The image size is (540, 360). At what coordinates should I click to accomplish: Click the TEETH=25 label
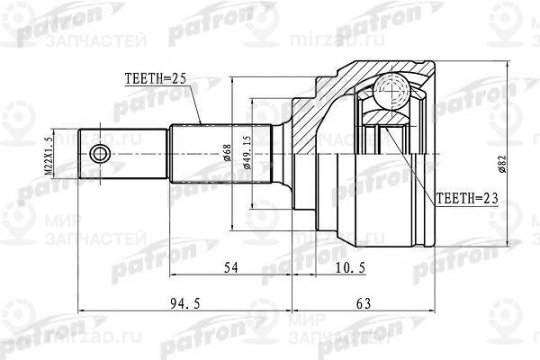click(x=151, y=80)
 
